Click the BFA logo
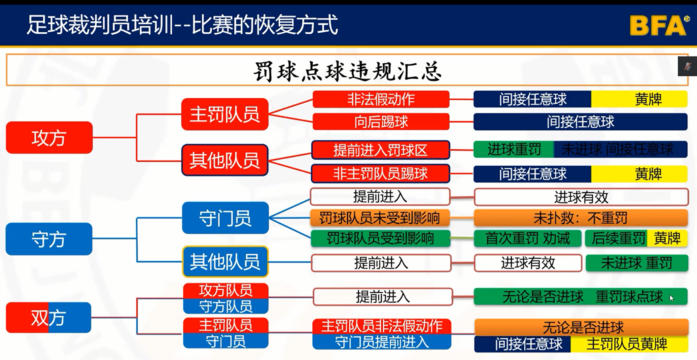click(x=659, y=25)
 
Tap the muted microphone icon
click(x=687, y=66)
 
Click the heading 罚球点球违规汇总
click(x=347, y=71)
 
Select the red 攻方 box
click(x=49, y=138)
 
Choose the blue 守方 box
click(x=49, y=239)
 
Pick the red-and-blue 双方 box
click(x=49, y=318)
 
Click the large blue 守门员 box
click(x=225, y=218)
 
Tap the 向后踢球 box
click(x=381, y=122)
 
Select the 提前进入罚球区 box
click(x=380, y=150)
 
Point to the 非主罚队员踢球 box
click(x=380, y=174)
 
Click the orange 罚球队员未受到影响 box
click(x=380, y=218)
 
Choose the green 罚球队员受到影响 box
click(x=380, y=238)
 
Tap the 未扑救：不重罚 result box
click(x=581, y=218)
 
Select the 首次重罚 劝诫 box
click(x=527, y=238)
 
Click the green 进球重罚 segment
click(x=514, y=149)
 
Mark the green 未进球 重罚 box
click(x=637, y=263)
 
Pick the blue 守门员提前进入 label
click(x=382, y=342)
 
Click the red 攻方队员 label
click(x=226, y=291)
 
